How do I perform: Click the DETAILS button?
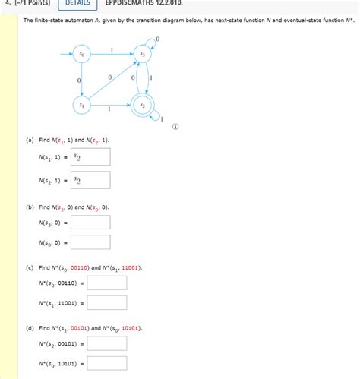[77, 4]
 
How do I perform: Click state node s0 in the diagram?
[81, 55]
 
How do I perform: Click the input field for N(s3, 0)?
[91, 223]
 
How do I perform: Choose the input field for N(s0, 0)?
[91, 243]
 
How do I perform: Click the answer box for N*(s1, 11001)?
[106, 303]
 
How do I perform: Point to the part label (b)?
[29, 207]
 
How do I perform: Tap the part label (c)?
[29, 268]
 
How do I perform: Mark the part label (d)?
[29, 328]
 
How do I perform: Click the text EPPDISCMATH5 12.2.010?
[144, 4]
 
